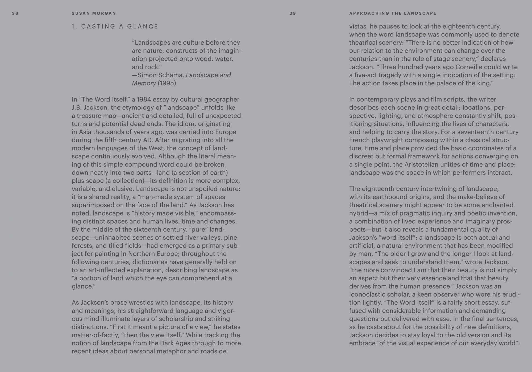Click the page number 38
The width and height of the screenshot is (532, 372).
tap(15, 13)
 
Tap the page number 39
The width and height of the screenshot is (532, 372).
tap(293, 13)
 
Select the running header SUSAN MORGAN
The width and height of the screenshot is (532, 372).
tap(94, 13)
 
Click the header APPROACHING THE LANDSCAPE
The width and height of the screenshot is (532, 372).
tap(393, 13)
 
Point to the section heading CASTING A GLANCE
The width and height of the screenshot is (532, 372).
tap(119, 27)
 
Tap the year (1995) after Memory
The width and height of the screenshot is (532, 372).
tap(167, 83)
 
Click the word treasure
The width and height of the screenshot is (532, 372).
tap(89, 116)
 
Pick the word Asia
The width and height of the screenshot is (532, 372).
tap(85, 132)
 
